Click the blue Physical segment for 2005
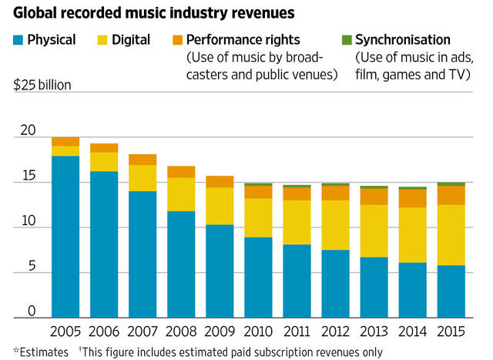[x=66, y=236]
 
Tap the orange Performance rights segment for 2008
[x=182, y=172]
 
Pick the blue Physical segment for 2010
[x=259, y=277]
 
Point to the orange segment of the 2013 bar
[x=374, y=197]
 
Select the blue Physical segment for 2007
[x=143, y=254]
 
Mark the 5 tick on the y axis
[x=32, y=266]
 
